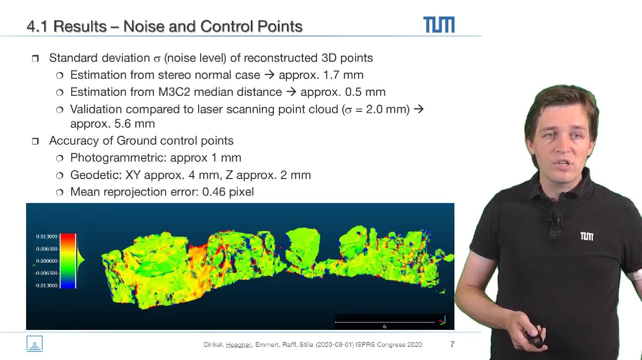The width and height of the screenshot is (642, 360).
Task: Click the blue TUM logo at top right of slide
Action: (439, 25)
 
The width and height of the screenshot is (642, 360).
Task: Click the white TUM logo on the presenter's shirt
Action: (587, 237)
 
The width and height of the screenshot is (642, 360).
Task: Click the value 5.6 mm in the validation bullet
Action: (134, 124)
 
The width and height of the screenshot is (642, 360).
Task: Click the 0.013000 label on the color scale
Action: (47, 237)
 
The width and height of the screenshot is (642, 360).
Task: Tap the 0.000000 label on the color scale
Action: (47, 261)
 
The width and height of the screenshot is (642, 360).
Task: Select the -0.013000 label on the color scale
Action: (46, 285)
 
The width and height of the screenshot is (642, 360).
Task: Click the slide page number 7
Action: (452, 344)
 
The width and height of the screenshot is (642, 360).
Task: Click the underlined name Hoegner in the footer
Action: (238, 344)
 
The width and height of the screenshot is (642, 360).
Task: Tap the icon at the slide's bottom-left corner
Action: (35, 343)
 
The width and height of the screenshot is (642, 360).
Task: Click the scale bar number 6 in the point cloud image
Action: (385, 326)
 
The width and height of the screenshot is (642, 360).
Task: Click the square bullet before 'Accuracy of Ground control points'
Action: (35, 141)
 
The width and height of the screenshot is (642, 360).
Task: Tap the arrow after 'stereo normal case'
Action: (269, 75)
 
